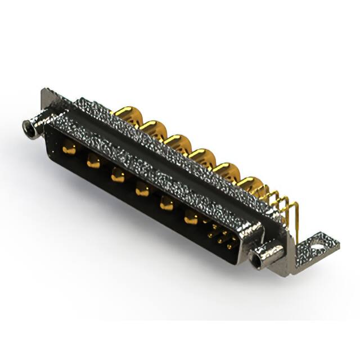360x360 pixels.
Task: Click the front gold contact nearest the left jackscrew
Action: pos(69,150)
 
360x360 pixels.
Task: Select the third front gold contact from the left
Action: pos(117,176)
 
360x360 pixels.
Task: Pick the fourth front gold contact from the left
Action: pos(142,190)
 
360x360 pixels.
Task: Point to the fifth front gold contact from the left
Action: pos(166,204)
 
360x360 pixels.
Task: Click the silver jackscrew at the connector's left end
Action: pos(31,128)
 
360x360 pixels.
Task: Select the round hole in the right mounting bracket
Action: pos(318,245)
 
